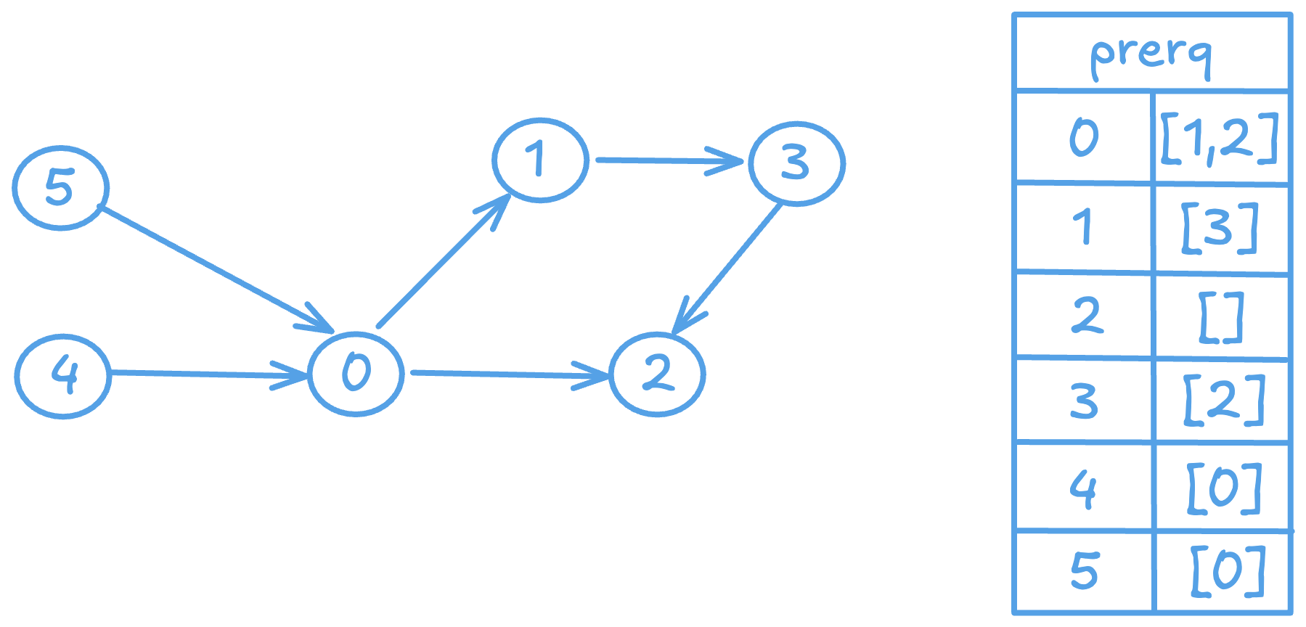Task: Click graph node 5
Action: click(60, 189)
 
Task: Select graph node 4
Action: click(63, 376)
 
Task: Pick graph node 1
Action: click(539, 160)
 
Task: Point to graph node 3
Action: click(796, 163)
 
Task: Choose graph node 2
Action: click(657, 374)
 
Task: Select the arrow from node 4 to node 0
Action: click(207, 374)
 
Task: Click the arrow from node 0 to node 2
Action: click(508, 374)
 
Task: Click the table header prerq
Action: click(1151, 54)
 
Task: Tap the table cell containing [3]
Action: click(1220, 228)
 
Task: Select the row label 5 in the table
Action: click(1084, 570)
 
